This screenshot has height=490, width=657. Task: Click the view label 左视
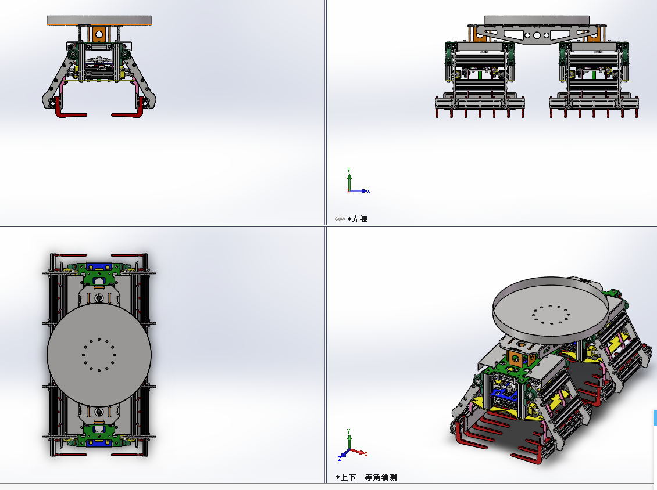(359, 219)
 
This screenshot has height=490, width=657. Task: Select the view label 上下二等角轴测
(368, 477)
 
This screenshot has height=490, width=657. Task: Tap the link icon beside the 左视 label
(340, 219)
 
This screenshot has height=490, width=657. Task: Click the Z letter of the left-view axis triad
(368, 191)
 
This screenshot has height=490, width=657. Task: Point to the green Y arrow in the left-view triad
(349, 180)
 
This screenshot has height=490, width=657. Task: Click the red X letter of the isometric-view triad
(366, 454)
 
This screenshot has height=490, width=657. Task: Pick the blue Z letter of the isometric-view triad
(340, 459)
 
